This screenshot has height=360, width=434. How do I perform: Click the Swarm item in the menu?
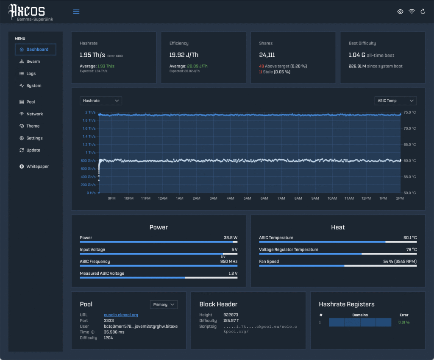[x=33, y=61]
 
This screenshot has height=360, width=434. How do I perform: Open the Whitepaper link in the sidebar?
[x=37, y=167]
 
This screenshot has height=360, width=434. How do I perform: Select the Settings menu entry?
[x=34, y=138]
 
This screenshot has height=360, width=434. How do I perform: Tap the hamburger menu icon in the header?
[x=76, y=12]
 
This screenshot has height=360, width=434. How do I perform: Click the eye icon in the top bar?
[x=400, y=12]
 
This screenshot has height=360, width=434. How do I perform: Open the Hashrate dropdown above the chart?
[x=101, y=100]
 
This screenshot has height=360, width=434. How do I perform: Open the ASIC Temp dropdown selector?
[x=395, y=100]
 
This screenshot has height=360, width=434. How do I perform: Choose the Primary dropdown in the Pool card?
[x=164, y=304]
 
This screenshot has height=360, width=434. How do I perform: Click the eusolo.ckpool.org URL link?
[x=121, y=315]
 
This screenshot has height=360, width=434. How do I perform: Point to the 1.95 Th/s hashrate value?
[x=92, y=55]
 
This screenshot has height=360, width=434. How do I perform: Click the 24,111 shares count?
[x=267, y=55]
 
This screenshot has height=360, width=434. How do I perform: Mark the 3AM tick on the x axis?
[x=213, y=198]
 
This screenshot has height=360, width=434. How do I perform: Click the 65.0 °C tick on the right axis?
[x=410, y=145]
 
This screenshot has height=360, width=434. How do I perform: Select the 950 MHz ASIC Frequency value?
[x=229, y=262]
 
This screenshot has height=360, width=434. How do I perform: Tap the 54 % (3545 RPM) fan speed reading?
[x=400, y=262]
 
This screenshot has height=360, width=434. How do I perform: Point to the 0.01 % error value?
[x=404, y=322]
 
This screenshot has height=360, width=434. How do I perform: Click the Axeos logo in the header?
[x=27, y=10]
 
